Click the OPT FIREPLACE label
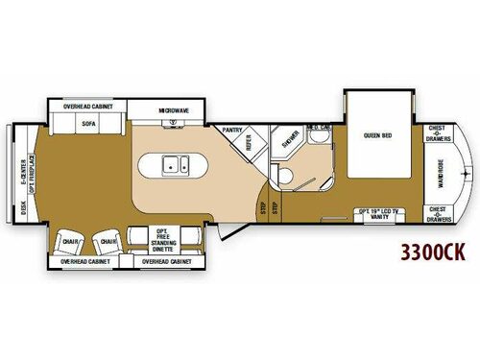point(33,174)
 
